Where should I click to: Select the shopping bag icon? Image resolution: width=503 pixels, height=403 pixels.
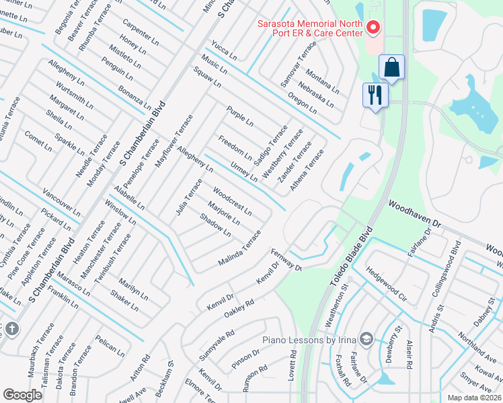coord(391,68)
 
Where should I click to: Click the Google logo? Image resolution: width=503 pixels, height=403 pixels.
coord(23,395)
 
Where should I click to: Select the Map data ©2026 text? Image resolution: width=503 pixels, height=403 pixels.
coord(475,398)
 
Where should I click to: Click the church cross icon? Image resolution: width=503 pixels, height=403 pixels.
coord(11,328)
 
